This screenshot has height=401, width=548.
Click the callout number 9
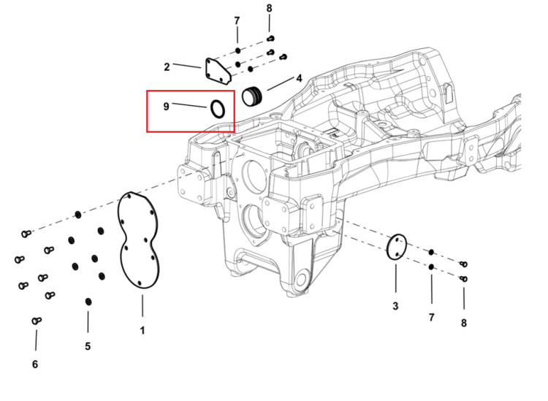(x=166, y=106)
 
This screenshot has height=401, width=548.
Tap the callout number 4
(x=299, y=78)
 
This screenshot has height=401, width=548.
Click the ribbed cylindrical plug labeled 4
(x=252, y=96)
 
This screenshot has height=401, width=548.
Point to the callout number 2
(x=167, y=66)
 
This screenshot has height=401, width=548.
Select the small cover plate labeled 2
(x=218, y=72)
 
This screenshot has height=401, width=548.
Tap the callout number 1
(x=142, y=330)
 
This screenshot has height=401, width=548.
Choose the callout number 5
(x=88, y=346)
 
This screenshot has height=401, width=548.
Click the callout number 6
(x=35, y=364)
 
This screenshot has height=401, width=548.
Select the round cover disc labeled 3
(x=388, y=247)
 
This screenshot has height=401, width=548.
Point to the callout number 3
(x=395, y=306)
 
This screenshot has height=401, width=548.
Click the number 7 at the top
(x=237, y=21)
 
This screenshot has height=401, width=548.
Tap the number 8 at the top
(x=269, y=8)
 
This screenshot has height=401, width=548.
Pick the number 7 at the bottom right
(x=432, y=317)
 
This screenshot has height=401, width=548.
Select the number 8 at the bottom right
(x=464, y=323)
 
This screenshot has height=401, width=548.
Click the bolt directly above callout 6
(x=37, y=321)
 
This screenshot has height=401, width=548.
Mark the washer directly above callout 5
(x=88, y=302)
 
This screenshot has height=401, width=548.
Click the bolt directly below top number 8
(x=270, y=39)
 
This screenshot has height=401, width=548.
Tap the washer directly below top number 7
(x=237, y=50)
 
